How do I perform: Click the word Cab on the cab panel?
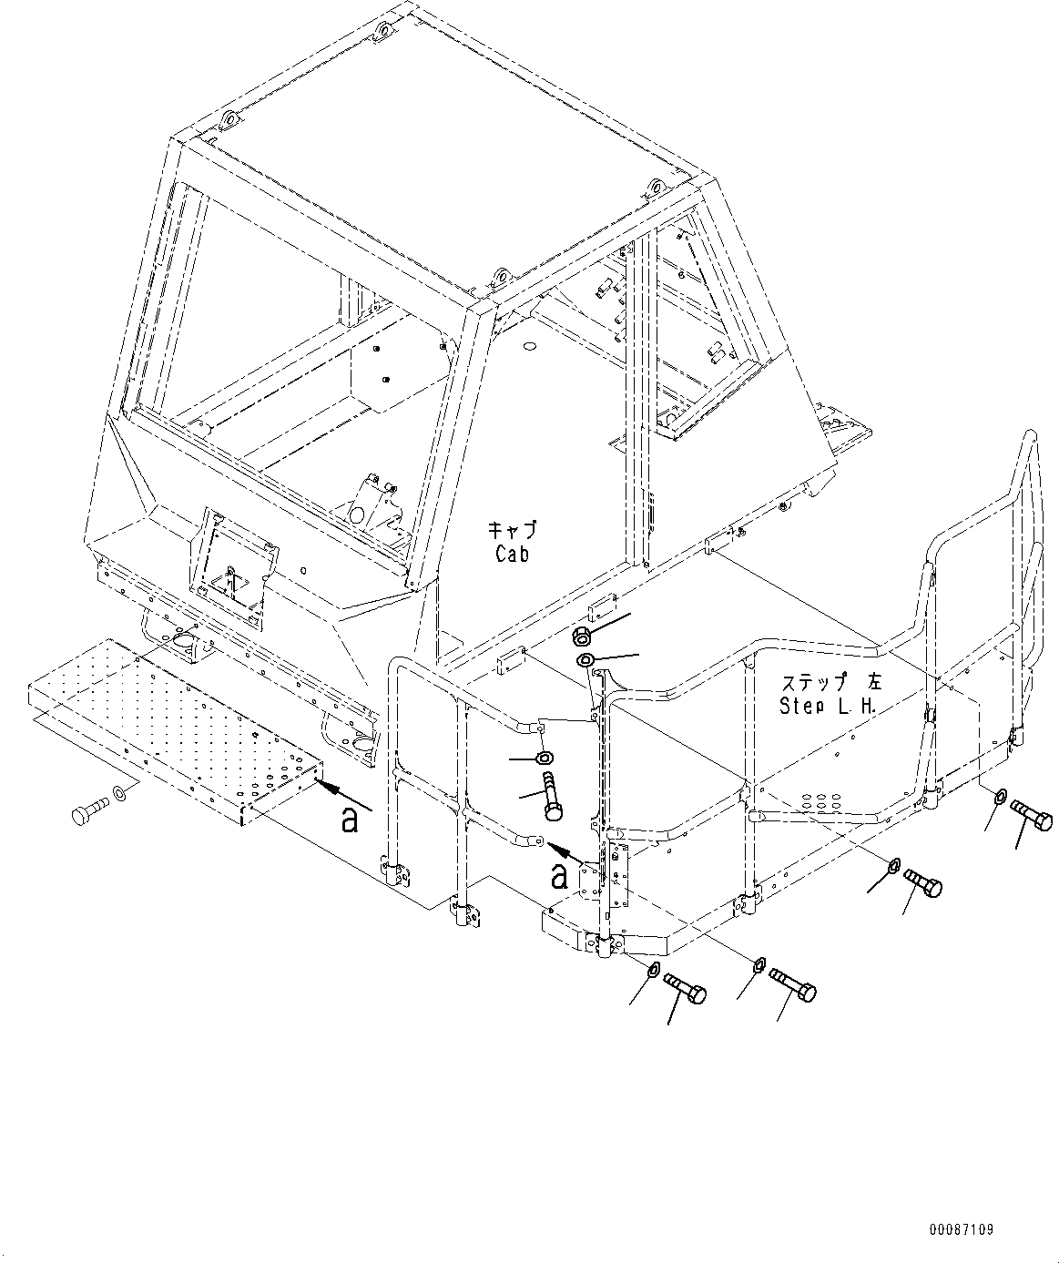(x=512, y=554)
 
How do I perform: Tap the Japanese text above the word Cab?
(x=512, y=531)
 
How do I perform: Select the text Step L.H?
(x=827, y=706)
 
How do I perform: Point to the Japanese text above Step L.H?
(x=832, y=682)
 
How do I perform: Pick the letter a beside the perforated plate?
(x=349, y=820)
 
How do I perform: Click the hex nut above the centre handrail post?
(x=582, y=635)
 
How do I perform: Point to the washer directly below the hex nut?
(x=586, y=659)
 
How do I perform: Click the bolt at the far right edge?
(x=1032, y=816)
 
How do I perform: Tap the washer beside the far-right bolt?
(x=1002, y=796)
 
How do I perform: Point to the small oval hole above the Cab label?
(x=529, y=347)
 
